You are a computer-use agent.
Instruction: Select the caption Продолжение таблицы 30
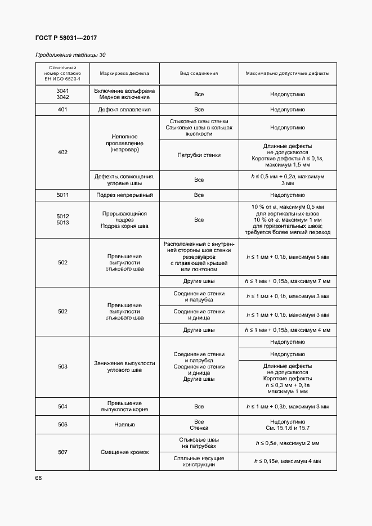point(70,55)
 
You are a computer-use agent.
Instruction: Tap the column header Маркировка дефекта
point(124,73)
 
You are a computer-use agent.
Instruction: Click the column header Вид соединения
point(199,73)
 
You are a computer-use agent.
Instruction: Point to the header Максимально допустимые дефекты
point(287,73)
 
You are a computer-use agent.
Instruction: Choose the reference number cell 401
point(62,110)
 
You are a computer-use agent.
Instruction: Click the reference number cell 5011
point(62,195)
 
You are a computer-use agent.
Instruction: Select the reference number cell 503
point(62,367)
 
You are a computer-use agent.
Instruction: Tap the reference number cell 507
point(62,452)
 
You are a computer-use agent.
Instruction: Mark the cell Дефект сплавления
point(124,110)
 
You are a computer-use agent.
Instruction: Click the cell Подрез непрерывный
point(124,195)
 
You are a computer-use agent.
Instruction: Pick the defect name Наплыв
point(124,425)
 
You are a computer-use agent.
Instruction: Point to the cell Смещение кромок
point(124,452)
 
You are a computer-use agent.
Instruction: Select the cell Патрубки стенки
point(199,155)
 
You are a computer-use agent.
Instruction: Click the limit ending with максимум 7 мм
point(287,281)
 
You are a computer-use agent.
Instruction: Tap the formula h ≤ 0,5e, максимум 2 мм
point(287,443)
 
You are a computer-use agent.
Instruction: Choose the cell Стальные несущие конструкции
point(199,461)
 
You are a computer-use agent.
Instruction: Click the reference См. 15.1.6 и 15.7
point(287,428)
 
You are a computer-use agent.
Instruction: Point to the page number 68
point(39,478)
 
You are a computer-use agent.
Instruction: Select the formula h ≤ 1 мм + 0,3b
point(287,406)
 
